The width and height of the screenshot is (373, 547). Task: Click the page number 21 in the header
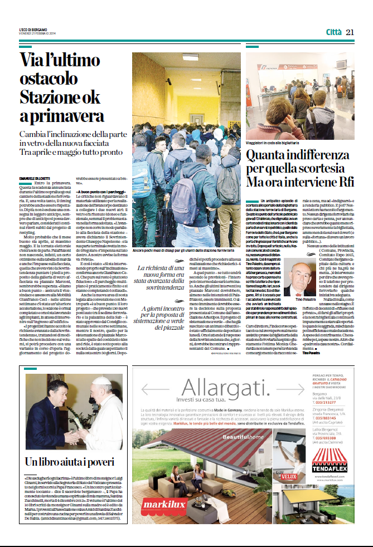click(350, 32)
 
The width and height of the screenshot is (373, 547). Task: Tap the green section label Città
click(333, 32)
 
